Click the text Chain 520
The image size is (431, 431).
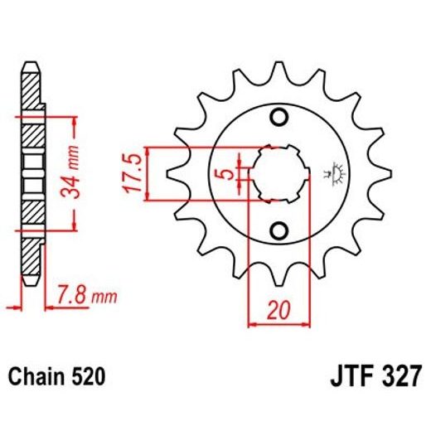click(56, 378)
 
